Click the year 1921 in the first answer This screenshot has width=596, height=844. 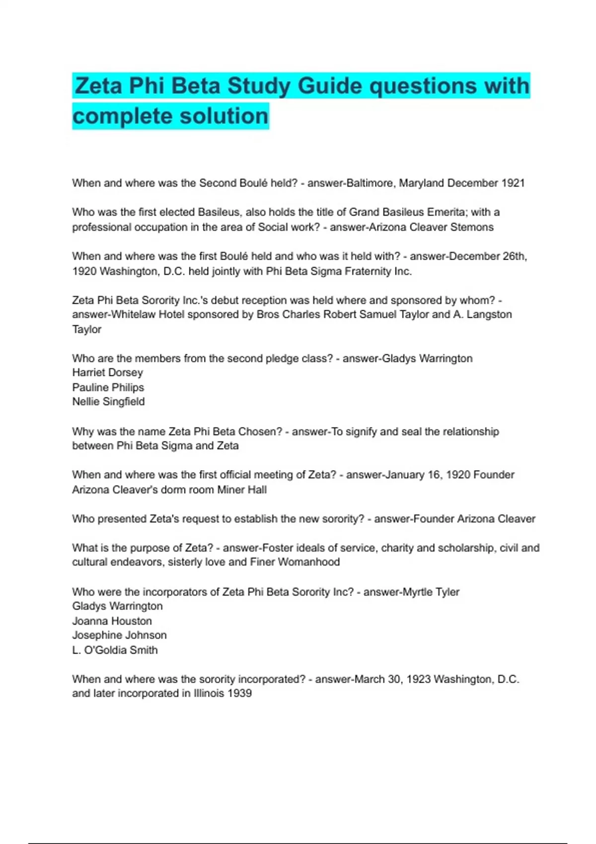coord(513,183)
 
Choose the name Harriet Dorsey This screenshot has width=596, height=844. coord(107,373)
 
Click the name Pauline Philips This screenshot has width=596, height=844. coord(108,388)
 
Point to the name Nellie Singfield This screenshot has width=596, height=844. coord(108,402)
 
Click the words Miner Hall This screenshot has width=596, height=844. coord(242,490)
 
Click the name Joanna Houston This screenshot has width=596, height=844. coord(112,621)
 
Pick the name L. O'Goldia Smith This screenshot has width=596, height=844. coord(115,650)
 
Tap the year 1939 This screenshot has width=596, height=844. coord(239,694)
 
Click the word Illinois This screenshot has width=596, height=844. coord(209,694)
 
